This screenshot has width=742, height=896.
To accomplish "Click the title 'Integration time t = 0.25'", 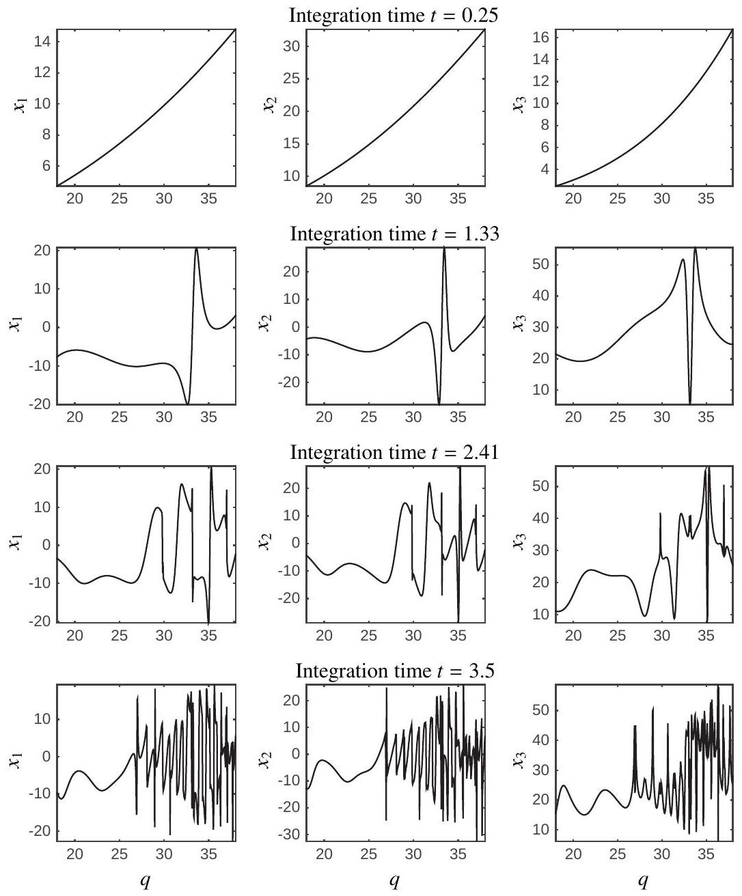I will tap(394, 16).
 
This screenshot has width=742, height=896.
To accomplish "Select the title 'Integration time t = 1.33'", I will tap(394, 234).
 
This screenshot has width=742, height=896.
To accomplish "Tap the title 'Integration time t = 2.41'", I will tap(394, 453).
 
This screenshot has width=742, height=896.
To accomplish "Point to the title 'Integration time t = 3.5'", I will tap(394, 671).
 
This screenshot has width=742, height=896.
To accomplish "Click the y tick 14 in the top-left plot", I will tap(42, 41).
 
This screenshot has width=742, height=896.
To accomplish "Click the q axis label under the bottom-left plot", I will tap(146, 882).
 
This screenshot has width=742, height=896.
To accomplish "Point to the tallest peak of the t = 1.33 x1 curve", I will tap(197, 249).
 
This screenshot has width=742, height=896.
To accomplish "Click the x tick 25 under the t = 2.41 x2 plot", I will tap(369, 636).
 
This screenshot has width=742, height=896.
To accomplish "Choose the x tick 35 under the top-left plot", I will tap(209, 199).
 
